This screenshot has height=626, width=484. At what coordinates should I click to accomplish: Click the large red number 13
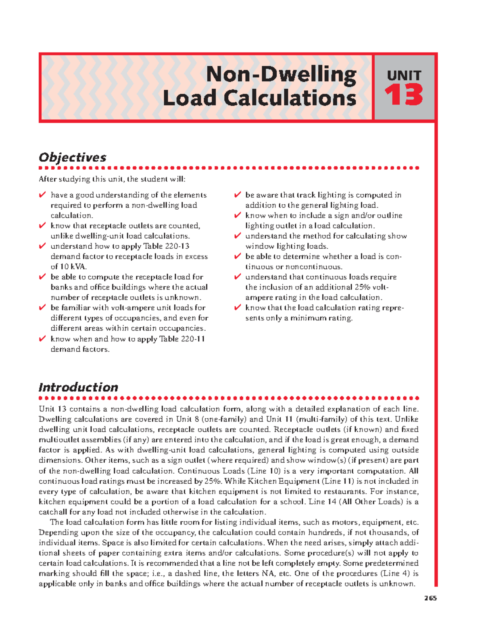[x=404, y=95]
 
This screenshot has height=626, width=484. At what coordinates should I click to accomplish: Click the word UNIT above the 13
[x=404, y=75]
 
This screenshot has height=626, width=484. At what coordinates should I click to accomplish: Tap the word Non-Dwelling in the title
[x=281, y=75]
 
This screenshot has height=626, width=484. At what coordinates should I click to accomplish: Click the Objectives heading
[x=73, y=157]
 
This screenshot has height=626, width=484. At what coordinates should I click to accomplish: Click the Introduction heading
[x=78, y=387]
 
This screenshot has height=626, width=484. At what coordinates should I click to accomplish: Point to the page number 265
[x=430, y=598]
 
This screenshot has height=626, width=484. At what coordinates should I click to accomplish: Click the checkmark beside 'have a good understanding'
[x=42, y=195]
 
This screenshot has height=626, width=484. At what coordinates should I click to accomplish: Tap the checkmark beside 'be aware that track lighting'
[x=238, y=195]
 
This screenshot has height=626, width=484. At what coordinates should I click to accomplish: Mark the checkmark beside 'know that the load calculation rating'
[x=238, y=308]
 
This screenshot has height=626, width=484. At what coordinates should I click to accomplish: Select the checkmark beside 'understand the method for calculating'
[x=238, y=236]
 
